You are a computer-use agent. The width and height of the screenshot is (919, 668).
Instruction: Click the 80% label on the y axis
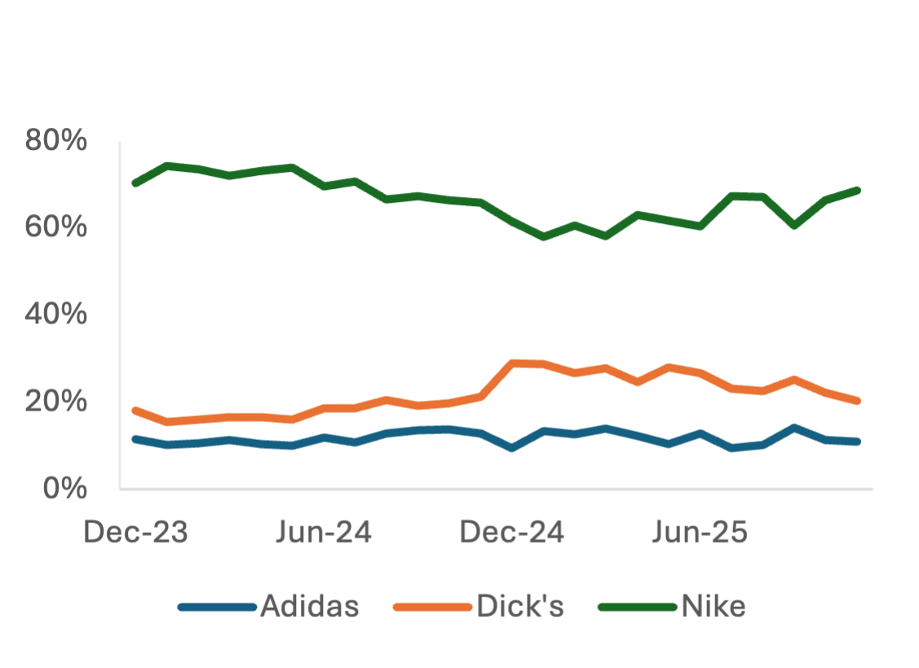tap(55, 141)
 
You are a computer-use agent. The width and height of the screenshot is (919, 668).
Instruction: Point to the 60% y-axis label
tap(55, 227)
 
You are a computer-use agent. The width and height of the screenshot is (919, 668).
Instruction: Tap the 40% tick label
tap(55, 314)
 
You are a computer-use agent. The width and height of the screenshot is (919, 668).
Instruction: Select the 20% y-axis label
tap(55, 401)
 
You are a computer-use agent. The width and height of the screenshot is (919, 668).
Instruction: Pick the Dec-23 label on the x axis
tap(136, 533)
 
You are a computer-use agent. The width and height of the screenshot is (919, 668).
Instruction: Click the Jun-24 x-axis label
tap(324, 533)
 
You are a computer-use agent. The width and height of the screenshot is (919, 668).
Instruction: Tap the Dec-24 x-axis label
tap(512, 533)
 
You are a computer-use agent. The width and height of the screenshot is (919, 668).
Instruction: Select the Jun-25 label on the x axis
tap(699, 533)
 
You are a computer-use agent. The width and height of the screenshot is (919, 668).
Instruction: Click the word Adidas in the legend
tap(310, 607)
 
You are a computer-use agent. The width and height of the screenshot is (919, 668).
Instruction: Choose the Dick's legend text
tap(520, 607)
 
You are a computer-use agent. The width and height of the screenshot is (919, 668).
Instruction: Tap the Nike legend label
tap(713, 607)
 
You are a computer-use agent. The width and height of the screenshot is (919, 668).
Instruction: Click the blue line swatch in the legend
tap(217, 607)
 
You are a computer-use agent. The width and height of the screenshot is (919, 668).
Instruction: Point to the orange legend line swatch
tap(432, 607)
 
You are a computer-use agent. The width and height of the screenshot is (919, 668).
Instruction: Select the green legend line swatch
tap(637, 607)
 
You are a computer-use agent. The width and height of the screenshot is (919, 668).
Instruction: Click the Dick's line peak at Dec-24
tap(512, 362)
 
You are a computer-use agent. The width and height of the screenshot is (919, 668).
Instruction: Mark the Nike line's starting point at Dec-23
tap(135, 184)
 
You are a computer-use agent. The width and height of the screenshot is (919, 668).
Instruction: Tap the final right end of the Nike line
tap(857, 190)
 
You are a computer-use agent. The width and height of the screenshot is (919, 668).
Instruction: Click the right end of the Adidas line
tap(857, 442)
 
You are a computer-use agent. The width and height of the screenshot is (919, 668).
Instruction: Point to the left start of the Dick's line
tap(135, 409)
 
